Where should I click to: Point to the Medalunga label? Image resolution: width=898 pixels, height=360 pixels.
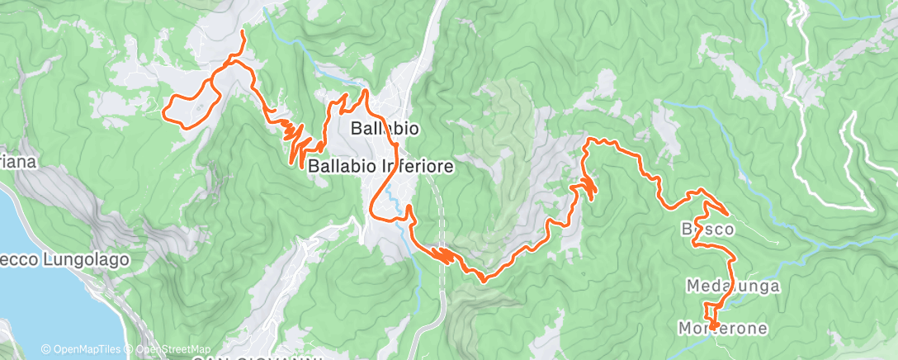tap(733, 285)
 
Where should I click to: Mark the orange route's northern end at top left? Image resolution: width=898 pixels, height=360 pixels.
tap(242, 31)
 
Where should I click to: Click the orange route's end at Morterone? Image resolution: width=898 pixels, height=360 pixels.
tap(711, 328)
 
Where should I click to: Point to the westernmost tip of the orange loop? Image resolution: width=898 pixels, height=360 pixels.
tap(168, 108)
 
